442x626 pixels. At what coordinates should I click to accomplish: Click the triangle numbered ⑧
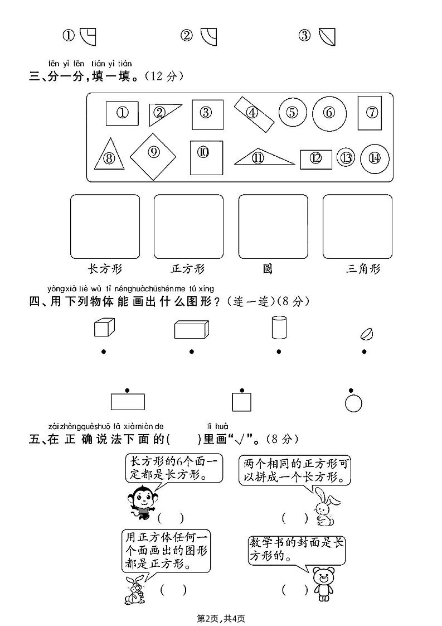(109, 155)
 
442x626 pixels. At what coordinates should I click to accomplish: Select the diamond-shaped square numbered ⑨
(153, 152)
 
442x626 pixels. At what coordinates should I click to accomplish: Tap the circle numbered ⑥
(329, 113)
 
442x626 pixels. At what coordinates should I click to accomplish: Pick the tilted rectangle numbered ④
(254, 114)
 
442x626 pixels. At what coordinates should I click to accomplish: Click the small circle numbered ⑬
(346, 158)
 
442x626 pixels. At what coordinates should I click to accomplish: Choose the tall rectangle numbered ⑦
(370, 113)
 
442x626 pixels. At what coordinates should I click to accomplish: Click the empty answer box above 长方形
(105, 226)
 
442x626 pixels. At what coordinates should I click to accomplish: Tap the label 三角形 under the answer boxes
(363, 269)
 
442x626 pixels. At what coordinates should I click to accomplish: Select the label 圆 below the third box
(268, 269)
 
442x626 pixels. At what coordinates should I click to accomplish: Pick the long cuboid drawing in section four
(191, 329)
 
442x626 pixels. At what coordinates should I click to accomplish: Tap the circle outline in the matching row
(353, 403)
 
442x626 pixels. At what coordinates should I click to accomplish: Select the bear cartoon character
(321, 584)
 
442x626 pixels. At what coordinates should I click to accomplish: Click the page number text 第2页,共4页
(221, 618)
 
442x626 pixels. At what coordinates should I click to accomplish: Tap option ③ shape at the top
(327, 36)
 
